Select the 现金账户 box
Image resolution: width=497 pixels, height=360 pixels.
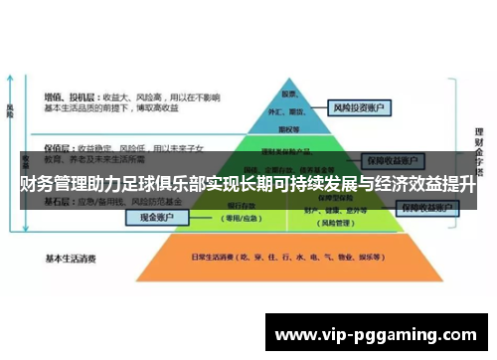[156, 218]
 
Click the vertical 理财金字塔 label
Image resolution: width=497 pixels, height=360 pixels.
[479, 149]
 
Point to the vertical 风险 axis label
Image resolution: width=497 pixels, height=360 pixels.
[10, 109]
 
